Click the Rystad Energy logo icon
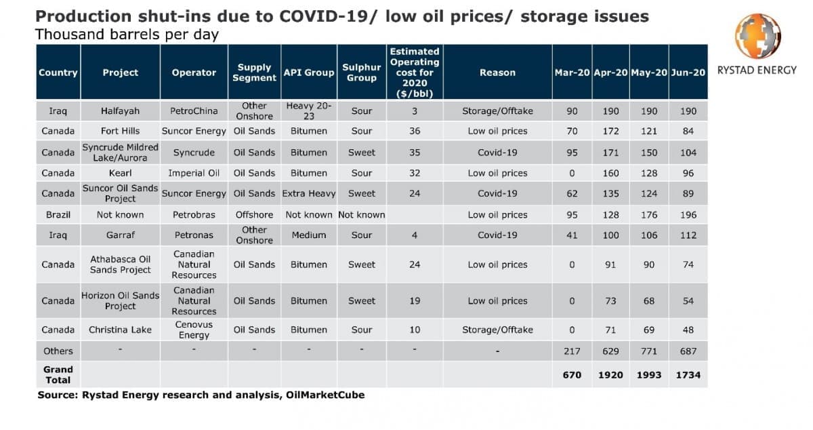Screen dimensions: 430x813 click(x=758, y=37)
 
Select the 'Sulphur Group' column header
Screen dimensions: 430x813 click(x=361, y=73)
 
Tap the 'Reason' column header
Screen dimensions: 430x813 click(x=497, y=73)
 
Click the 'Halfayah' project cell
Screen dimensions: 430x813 click(x=120, y=111)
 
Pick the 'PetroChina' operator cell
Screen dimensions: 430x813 click(x=194, y=111)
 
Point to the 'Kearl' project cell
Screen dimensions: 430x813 click(x=120, y=173)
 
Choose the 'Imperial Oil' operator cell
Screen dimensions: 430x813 click(x=194, y=173)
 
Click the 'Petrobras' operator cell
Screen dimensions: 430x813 click(x=194, y=215)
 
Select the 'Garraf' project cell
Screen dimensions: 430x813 click(x=120, y=235)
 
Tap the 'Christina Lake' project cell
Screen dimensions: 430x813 click(x=120, y=330)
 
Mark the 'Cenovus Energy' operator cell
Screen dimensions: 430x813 click(x=194, y=330)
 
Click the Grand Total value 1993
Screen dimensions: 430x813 click(x=649, y=374)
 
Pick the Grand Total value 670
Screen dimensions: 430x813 click(x=572, y=374)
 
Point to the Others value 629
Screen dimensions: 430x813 click(x=610, y=351)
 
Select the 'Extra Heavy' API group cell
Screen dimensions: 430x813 click(x=309, y=193)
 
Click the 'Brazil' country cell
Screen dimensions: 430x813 click(x=58, y=215)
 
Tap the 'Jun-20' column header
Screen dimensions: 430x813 click(x=688, y=73)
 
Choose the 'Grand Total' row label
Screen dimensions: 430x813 click(x=58, y=374)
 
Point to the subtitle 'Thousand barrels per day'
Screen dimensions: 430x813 click(x=127, y=34)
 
